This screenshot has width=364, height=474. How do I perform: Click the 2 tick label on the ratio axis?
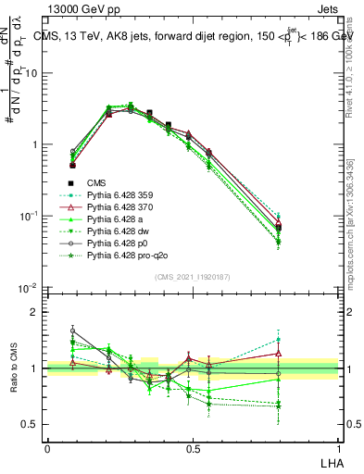[x=35, y=312]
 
